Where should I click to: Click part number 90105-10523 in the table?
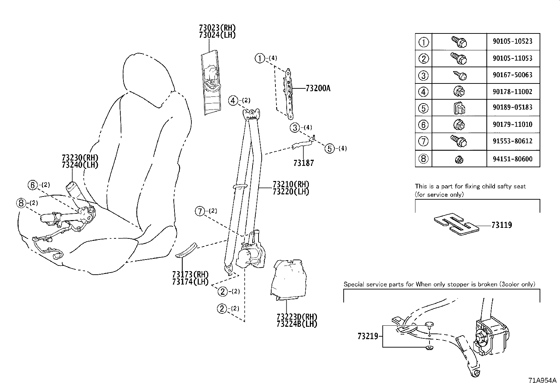click(x=513, y=41)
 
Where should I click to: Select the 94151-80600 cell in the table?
click(x=513, y=159)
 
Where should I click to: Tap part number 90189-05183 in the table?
click(x=513, y=107)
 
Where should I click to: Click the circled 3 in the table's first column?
click(x=424, y=75)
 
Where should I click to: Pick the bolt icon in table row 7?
click(x=459, y=142)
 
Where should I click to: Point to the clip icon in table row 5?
click(x=459, y=108)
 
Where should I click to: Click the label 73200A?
click(x=318, y=88)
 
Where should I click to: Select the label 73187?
click(x=303, y=163)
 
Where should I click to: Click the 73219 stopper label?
click(x=368, y=336)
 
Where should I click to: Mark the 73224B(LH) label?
click(x=297, y=324)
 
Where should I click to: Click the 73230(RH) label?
click(x=80, y=158)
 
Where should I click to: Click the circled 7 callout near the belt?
click(x=200, y=211)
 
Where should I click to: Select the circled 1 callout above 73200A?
click(x=260, y=58)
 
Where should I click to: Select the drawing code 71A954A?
click(x=542, y=381)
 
